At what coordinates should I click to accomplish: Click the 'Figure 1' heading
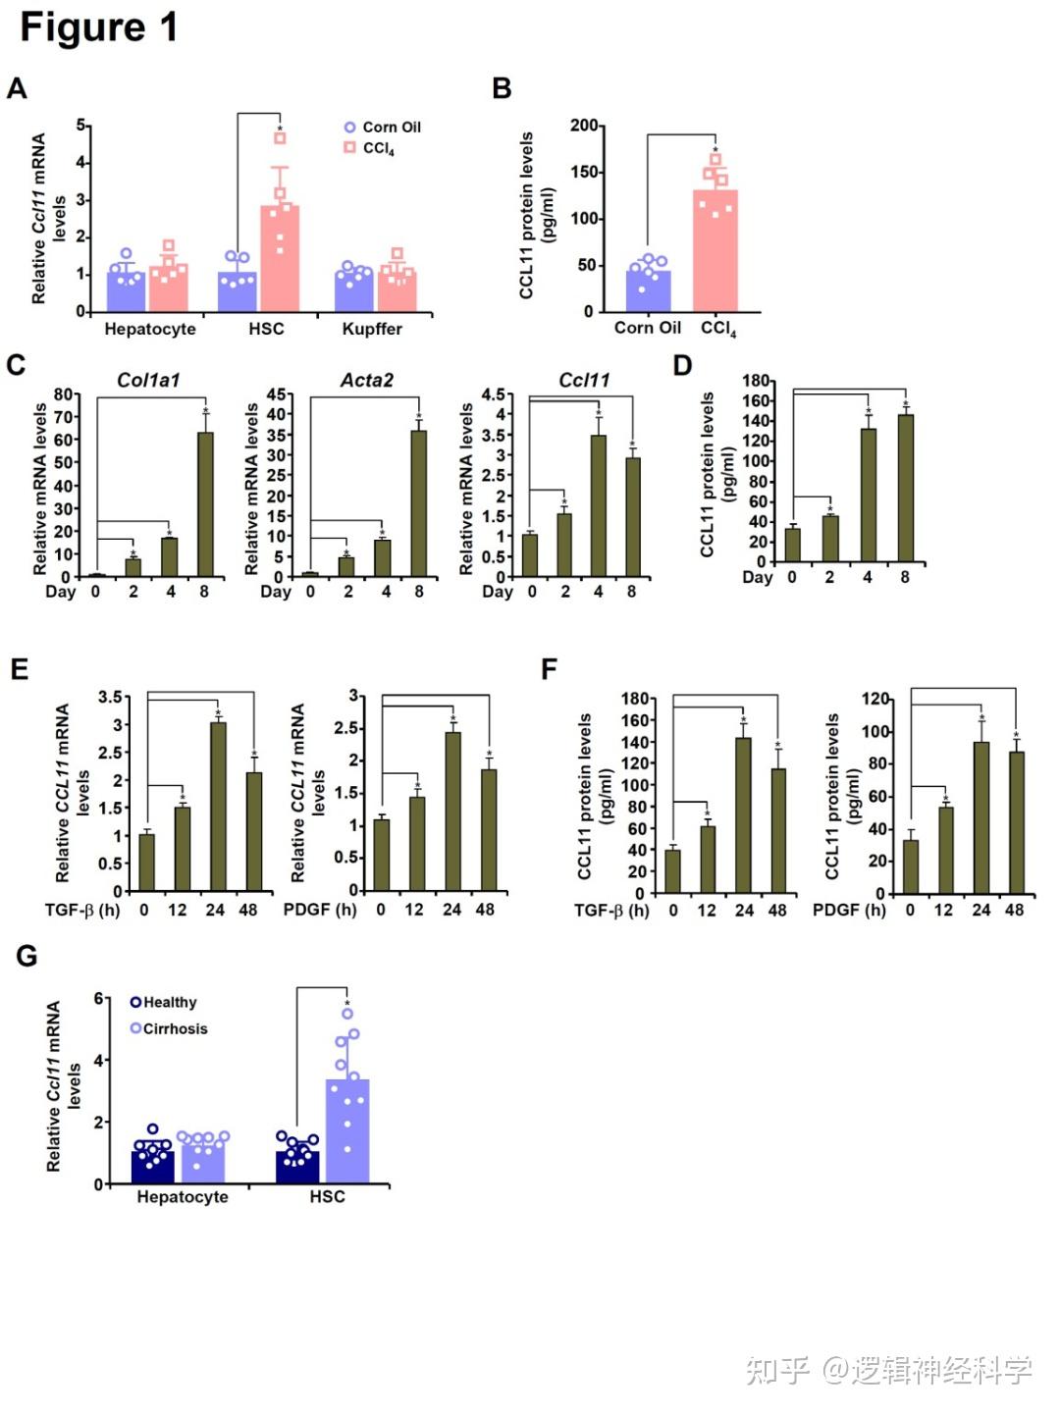(98, 27)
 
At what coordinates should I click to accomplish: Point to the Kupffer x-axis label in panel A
(372, 329)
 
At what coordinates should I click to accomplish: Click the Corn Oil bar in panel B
(648, 290)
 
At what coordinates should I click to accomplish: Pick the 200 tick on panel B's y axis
(583, 126)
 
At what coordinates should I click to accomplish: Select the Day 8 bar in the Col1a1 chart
(205, 504)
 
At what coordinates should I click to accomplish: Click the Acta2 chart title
(366, 380)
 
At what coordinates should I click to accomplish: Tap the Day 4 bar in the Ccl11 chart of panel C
(598, 505)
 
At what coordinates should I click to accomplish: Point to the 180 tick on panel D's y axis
(756, 381)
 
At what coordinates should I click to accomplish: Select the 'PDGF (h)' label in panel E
(320, 910)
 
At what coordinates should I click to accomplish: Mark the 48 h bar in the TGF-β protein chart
(778, 830)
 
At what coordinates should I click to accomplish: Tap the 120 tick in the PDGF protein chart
(875, 699)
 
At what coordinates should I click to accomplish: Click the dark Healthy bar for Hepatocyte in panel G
(152, 1167)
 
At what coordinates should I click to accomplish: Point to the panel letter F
(549, 669)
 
